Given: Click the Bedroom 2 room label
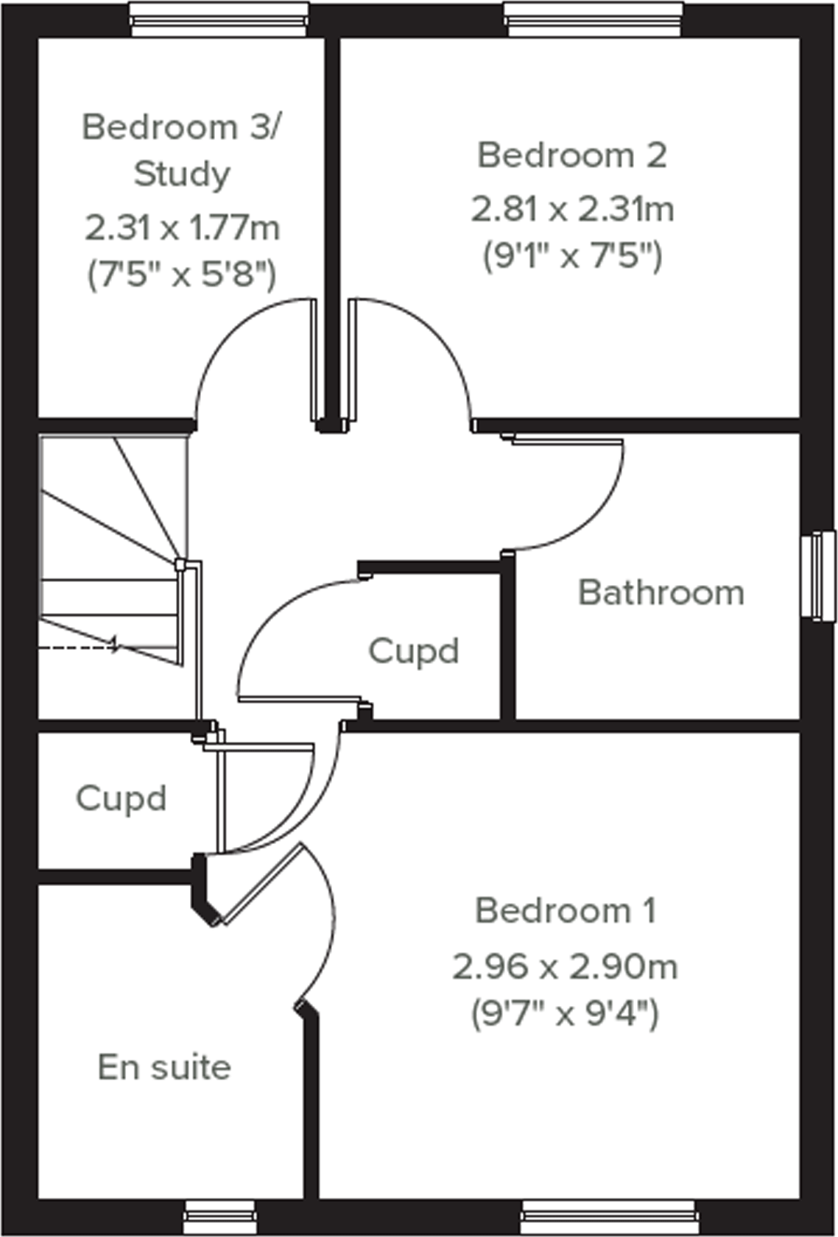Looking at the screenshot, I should click(x=572, y=155).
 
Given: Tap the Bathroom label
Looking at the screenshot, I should click(x=661, y=593).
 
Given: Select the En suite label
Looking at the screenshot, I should click(x=164, y=1068).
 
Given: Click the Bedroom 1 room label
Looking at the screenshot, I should click(x=565, y=911).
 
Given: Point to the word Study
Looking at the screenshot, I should click(x=182, y=174).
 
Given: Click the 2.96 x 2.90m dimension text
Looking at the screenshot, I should click(x=565, y=966).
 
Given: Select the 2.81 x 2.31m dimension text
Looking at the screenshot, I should click(x=572, y=210).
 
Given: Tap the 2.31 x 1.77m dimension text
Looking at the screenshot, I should click(x=182, y=228).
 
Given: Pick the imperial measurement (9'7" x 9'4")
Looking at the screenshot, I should click(x=565, y=1015).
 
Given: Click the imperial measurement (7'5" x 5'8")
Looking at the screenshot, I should click(x=182, y=276).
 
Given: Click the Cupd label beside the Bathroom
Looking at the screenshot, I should click(x=413, y=651).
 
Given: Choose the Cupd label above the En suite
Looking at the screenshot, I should click(x=121, y=798).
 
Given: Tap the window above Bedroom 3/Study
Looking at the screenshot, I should click(x=219, y=18).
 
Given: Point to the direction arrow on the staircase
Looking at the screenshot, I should click(x=112, y=645).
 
